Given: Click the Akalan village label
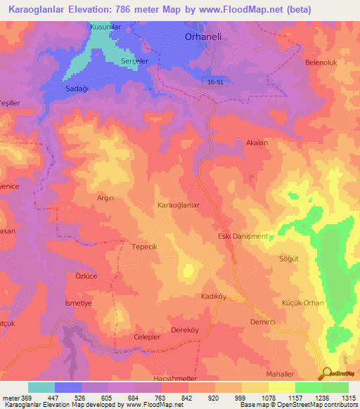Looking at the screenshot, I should tap(257, 143).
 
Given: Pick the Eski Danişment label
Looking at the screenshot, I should tap(243, 236).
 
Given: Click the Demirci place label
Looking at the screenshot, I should tap(263, 321).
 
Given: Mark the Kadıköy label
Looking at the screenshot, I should tap(214, 297).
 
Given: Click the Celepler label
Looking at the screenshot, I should tap(148, 337).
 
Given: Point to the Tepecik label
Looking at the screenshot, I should tap(145, 247).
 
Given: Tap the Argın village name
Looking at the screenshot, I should tap(105, 198).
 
